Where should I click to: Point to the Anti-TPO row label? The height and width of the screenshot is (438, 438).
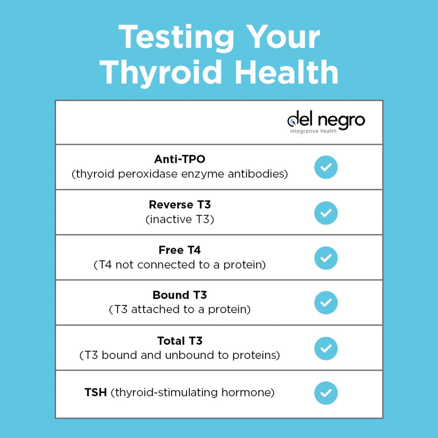180,160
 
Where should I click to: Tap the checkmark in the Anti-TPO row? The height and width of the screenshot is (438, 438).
326,167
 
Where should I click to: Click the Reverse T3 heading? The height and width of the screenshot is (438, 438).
180,205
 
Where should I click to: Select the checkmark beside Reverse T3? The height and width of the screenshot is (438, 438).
326,213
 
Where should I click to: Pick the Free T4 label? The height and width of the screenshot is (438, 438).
180,250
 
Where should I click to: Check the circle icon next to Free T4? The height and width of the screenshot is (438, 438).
326,258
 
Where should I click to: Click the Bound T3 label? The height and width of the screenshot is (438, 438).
180,295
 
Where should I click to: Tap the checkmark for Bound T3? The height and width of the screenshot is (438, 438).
326,303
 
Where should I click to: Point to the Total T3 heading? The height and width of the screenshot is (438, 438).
180,341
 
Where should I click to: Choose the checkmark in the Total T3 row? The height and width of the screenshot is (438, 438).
326,348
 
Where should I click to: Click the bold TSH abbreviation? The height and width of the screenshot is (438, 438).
96,393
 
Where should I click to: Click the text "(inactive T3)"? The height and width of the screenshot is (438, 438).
180,219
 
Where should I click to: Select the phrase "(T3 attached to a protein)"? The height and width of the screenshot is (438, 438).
180,309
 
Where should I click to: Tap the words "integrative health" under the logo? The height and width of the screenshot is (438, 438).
313,131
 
